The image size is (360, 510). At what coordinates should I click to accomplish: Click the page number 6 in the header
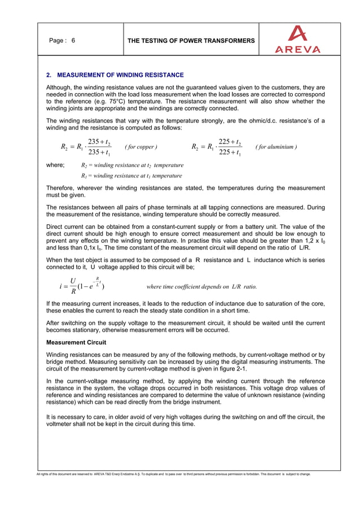point(73,41)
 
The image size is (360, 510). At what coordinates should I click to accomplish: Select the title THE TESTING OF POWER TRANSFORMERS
point(191,41)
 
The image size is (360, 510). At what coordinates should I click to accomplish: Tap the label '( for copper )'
point(141,148)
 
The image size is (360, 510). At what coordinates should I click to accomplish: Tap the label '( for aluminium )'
point(276,148)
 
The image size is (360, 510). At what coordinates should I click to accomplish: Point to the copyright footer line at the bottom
point(174,474)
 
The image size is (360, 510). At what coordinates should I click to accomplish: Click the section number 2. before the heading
point(49,75)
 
